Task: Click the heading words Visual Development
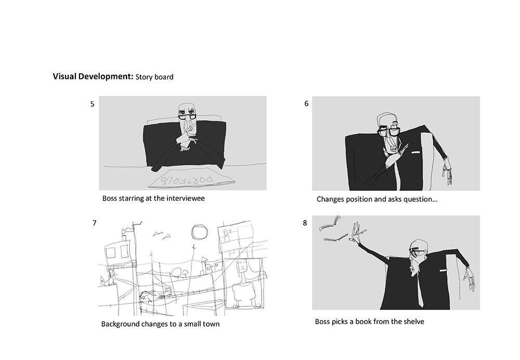93,76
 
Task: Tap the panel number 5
92,104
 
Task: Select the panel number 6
306,104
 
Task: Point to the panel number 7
95,223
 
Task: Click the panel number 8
305,223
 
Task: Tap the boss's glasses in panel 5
187,117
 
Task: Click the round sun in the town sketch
199,232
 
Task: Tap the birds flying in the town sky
162,235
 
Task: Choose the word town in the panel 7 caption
211,324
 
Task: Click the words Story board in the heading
154,77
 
